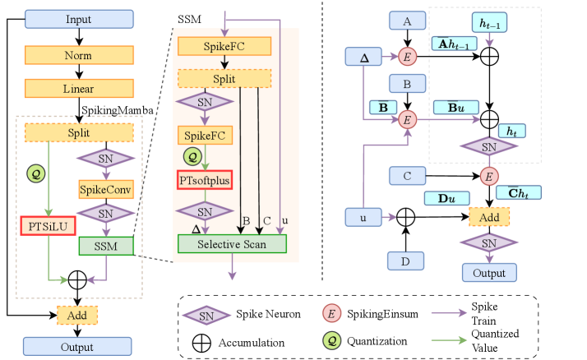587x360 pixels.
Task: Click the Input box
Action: click(78, 19)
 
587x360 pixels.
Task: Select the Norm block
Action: click(78, 55)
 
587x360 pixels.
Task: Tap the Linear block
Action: click(78, 88)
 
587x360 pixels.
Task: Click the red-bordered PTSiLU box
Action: click(49, 224)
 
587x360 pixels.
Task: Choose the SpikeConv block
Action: click(106, 189)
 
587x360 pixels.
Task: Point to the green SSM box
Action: click(106, 246)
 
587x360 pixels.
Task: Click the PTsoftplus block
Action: click(206, 179)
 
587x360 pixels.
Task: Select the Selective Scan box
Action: click(232, 243)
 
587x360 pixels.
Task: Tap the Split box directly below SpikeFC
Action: click(224, 79)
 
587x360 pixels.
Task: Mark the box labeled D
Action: click(406, 261)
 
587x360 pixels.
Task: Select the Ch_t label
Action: click(518, 193)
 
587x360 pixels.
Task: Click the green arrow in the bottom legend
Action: click(450, 339)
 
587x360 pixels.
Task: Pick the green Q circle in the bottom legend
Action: click(331, 339)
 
